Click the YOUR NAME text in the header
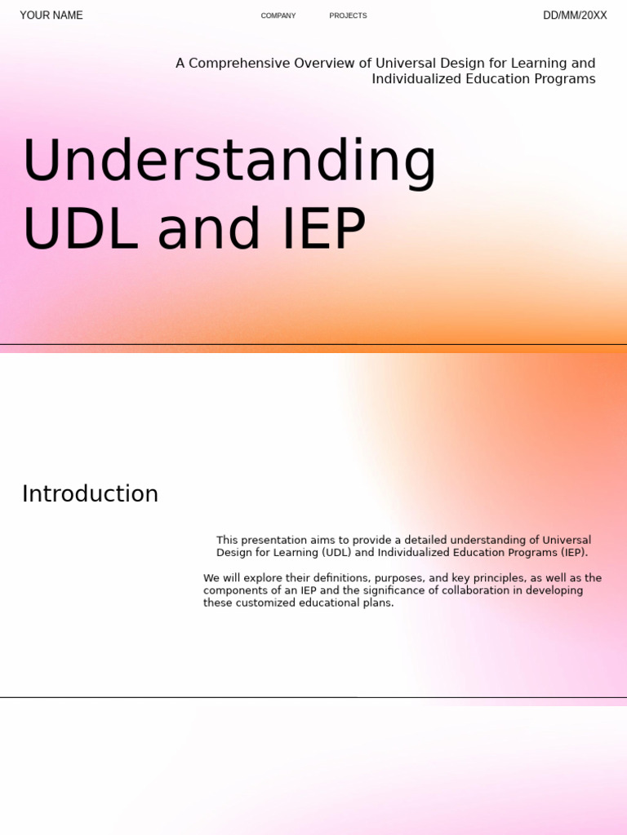click(x=51, y=15)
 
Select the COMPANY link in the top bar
click(x=278, y=15)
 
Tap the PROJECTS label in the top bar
click(x=348, y=15)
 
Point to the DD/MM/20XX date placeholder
click(x=575, y=15)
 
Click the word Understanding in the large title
click(x=229, y=161)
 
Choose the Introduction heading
click(x=90, y=494)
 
